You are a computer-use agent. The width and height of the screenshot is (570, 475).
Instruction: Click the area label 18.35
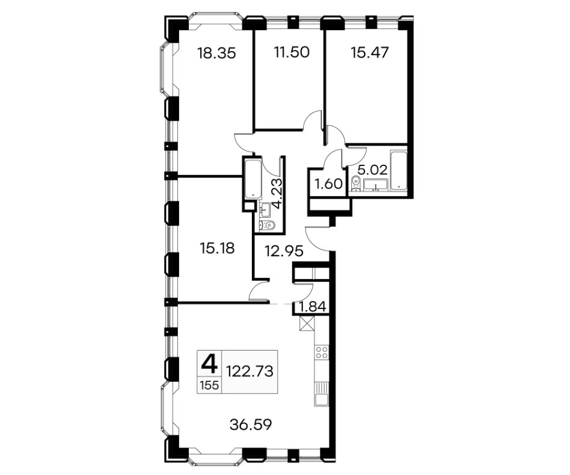tap(216, 54)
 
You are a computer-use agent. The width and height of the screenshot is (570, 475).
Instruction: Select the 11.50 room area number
tap(292, 52)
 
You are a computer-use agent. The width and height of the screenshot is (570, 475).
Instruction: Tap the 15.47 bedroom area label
tap(370, 53)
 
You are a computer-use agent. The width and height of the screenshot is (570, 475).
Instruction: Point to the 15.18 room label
tap(217, 248)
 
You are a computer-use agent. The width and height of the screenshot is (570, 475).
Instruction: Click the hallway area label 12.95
tap(284, 251)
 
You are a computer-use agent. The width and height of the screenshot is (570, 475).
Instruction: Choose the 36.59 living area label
tap(251, 424)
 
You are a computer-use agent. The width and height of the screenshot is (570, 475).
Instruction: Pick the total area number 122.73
tap(250, 372)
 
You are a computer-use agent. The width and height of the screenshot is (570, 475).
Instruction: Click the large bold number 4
tap(209, 364)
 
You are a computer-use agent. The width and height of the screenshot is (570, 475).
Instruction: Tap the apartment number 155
tap(209, 385)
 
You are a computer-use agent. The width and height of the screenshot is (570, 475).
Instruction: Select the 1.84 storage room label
tap(312, 307)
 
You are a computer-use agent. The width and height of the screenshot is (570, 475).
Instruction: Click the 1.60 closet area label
tap(329, 184)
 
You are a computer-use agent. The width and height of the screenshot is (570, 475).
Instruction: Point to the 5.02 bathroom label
tap(371, 170)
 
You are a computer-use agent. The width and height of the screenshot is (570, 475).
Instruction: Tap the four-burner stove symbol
tap(322, 352)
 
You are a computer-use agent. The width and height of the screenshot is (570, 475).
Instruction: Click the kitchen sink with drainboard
tap(322, 394)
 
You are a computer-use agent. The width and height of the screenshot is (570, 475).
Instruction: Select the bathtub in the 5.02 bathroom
tap(399, 170)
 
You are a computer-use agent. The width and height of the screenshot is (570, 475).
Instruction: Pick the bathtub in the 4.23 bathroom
tap(253, 178)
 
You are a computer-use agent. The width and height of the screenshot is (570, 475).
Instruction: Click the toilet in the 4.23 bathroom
tap(267, 225)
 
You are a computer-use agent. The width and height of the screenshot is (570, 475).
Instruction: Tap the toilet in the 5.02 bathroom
tap(355, 182)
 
